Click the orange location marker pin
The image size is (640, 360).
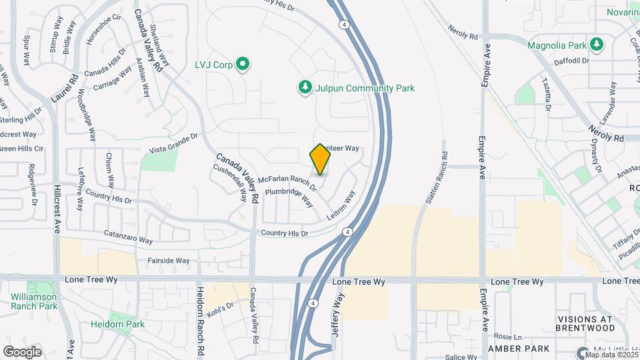click(321, 159)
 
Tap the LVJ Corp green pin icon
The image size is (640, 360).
click(243, 65)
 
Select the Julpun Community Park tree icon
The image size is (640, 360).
click(305, 87)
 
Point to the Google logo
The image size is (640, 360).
click(23, 351)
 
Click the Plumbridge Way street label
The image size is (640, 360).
click(289, 197)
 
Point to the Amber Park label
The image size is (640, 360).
click(519, 349)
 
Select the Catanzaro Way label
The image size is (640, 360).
click(128, 236)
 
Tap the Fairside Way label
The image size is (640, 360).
click(169, 261)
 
